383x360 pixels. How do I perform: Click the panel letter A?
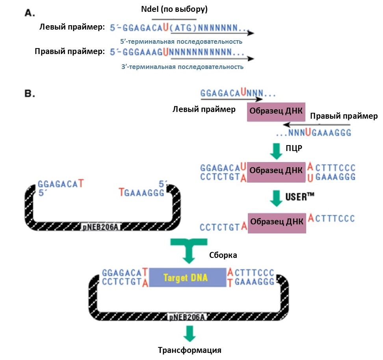click(x=30, y=13)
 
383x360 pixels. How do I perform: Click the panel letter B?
click(x=30, y=94)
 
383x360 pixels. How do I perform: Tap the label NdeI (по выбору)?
click(x=174, y=9)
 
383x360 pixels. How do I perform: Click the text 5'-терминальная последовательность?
click(x=181, y=41)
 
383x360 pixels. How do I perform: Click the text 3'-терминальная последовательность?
click(x=182, y=67)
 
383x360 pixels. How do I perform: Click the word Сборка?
click(x=223, y=255)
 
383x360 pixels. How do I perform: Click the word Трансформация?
click(x=190, y=350)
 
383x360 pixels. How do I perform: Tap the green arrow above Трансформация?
click(x=190, y=334)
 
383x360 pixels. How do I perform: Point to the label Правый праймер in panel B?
click(x=344, y=116)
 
